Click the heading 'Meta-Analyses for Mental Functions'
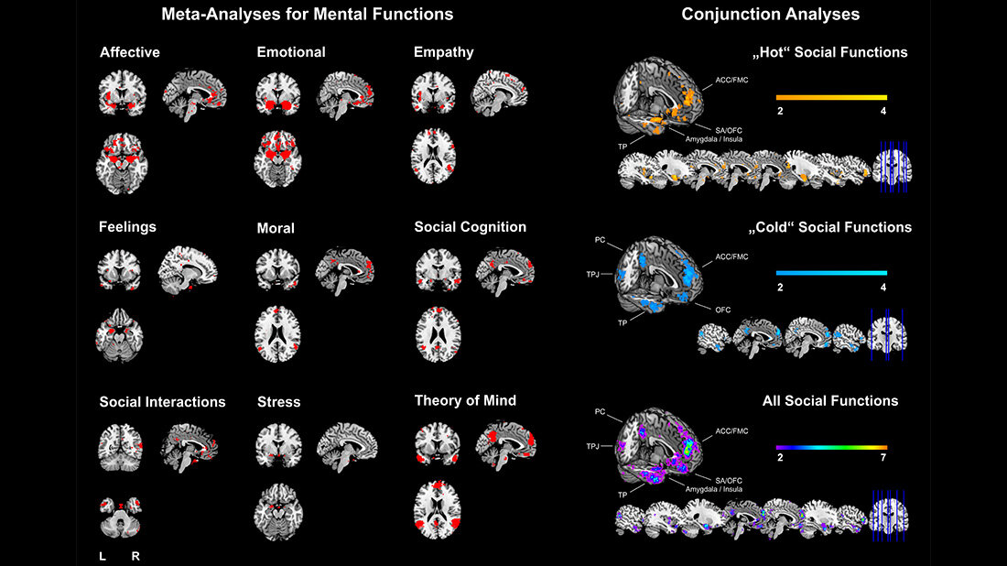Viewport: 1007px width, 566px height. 307,15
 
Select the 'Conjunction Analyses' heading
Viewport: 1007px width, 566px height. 770,15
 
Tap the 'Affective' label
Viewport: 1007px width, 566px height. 130,52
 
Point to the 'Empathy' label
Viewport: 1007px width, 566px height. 443,52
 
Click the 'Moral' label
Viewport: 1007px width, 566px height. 276,228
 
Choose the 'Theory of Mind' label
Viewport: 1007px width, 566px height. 465,400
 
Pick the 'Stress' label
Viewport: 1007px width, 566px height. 278,402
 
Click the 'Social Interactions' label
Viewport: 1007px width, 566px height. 162,402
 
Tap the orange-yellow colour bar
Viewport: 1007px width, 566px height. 831,96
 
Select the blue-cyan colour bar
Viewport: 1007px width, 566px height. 831,273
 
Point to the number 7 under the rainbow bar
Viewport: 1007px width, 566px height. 884,463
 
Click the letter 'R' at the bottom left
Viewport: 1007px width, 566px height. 135,555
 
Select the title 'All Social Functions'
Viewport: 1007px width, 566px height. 830,400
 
